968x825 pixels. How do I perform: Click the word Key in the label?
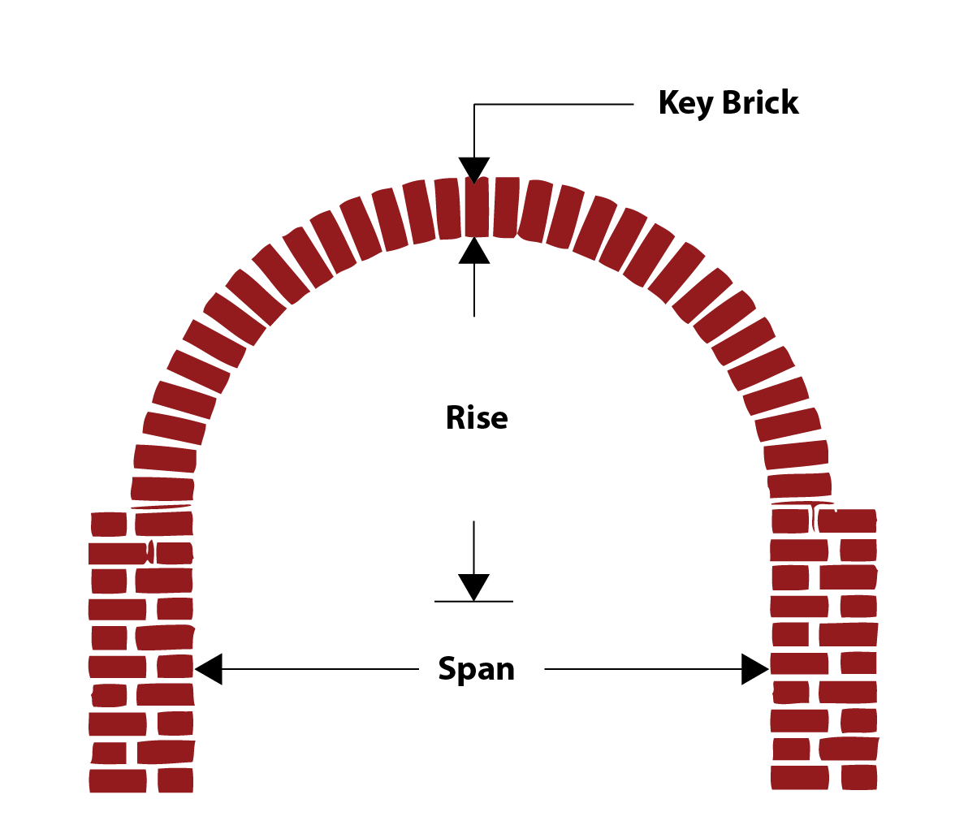tap(685, 104)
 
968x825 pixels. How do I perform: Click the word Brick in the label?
tap(760, 103)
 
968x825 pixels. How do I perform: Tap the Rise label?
tap(477, 418)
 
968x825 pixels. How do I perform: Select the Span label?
tap(477, 670)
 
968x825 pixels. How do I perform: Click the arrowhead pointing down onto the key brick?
tap(474, 170)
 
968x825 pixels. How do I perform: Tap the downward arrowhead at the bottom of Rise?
tap(474, 586)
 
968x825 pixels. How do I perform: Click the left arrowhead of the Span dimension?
tap(209, 669)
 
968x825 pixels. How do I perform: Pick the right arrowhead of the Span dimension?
tap(754, 669)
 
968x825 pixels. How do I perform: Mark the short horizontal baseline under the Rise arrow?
tap(474, 602)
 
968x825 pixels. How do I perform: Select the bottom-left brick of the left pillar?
tap(117, 781)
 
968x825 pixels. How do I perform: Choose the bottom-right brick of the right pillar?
tap(858, 778)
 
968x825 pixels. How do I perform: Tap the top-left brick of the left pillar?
tap(109, 525)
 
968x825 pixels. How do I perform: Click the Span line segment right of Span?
tap(642, 669)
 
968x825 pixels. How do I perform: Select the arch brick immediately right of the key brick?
tap(506, 207)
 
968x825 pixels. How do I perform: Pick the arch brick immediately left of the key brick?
tap(448, 209)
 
